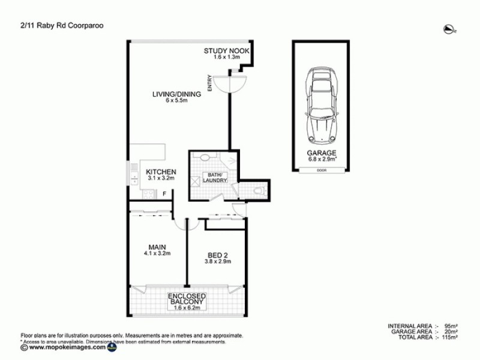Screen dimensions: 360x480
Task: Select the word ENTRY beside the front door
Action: [210, 83]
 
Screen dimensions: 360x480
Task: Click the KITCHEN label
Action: [161, 172]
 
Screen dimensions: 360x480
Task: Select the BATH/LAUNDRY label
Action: [213, 177]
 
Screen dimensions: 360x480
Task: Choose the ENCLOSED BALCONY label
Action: [187, 301]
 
